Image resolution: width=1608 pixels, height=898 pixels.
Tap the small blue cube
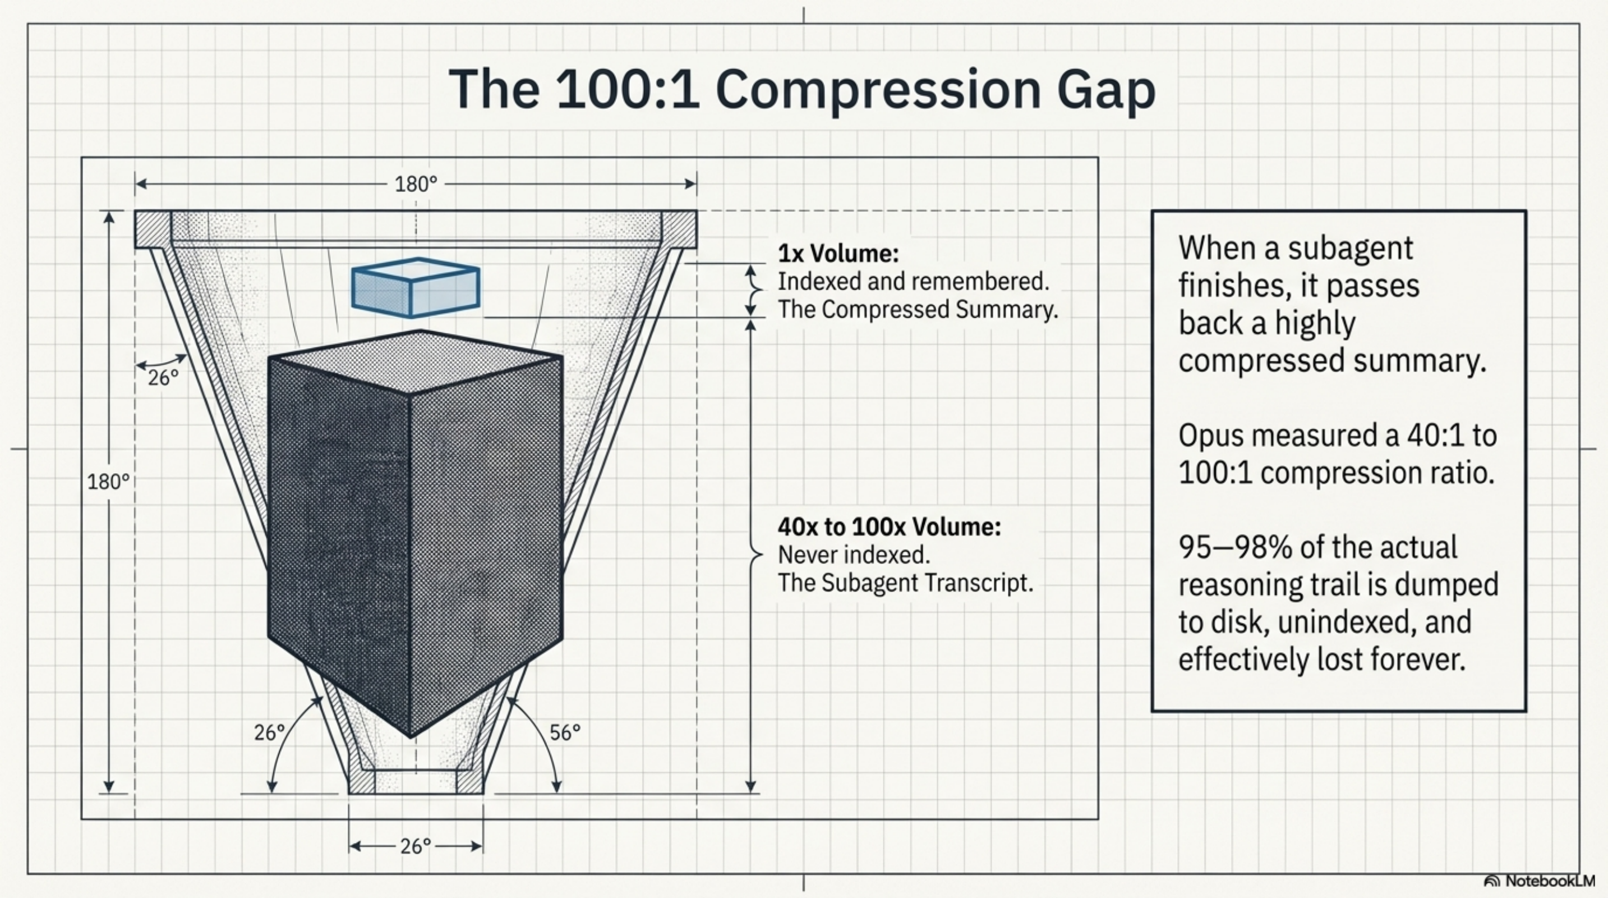pos(416,287)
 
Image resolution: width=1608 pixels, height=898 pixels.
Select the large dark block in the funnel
pos(414,531)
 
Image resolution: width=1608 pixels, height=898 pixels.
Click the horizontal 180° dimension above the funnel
pos(416,184)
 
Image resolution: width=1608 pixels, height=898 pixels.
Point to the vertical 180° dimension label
pos(108,482)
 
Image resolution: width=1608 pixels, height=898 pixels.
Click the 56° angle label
pos(565,732)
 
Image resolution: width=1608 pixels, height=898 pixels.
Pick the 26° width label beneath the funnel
pos(416,847)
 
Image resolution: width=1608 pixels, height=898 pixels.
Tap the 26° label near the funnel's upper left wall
pos(163,377)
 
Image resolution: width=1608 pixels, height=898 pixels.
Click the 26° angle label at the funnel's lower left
pos(269,732)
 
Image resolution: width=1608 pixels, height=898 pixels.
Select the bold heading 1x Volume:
pos(838,254)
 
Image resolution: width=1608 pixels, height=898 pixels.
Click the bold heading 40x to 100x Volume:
pos(889,527)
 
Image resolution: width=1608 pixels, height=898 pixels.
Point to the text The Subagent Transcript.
pos(905,583)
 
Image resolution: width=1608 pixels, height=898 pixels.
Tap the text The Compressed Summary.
pos(918,310)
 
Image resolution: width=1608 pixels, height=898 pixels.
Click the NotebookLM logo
pos(1540,881)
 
